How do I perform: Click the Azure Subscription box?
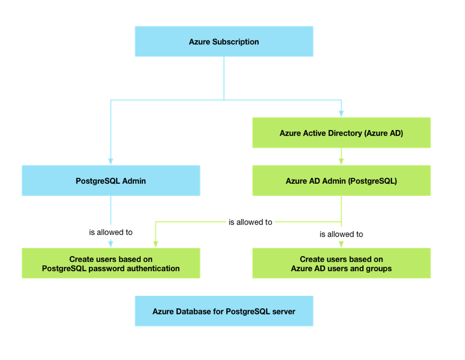(x=223, y=42)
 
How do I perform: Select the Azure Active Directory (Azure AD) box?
(x=341, y=133)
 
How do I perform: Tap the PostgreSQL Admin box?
(x=110, y=181)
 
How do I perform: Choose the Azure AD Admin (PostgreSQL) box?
(x=341, y=181)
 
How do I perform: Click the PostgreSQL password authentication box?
(x=110, y=263)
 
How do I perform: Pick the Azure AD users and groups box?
(x=341, y=263)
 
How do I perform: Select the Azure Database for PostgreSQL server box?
(x=223, y=311)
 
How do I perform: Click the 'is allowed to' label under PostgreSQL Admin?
(x=110, y=232)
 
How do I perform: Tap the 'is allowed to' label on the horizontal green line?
(x=250, y=222)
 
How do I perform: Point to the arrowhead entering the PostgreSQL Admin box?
(x=110, y=161)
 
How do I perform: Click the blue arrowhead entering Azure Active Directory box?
(x=341, y=114)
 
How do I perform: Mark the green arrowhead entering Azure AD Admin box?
(x=341, y=161)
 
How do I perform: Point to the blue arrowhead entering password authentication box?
(x=110, y=244)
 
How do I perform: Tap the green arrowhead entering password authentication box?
(x=156, y=244)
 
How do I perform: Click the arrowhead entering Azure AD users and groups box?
(x=341, y=244)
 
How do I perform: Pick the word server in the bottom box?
(x=284, y=311)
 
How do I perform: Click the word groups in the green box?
(x=379, y=268)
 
